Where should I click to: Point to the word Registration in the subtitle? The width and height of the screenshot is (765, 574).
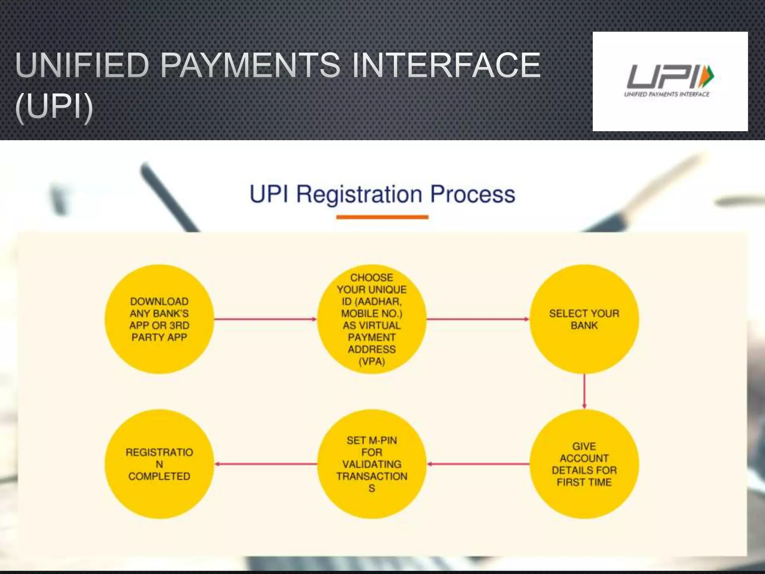click(x=359, y=194)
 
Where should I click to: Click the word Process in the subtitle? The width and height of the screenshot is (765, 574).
click(x=473, y=194)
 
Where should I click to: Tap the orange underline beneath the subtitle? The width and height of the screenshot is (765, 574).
click(x=382, y=217)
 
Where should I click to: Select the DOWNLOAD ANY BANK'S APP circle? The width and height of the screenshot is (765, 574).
click(x=159, y=319)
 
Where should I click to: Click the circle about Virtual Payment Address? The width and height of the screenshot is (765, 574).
click(x=372, y=319)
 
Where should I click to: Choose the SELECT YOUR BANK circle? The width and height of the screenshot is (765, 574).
click(x=584, y=319)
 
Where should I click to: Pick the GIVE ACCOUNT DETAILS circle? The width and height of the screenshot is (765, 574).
click(x=584, y=464)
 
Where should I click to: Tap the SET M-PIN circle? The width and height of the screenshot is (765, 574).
click(x=372, y=464)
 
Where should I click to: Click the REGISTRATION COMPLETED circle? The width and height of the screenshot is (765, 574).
click(x=159, y=464)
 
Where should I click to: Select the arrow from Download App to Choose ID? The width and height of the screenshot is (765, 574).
click(x=265, y=319)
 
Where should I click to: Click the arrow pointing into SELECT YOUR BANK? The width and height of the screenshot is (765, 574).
click(x=478, y=319)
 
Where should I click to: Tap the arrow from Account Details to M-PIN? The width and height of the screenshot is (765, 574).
click(x=478, y=464)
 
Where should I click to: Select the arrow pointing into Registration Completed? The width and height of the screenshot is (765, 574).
click(x=266, y=464)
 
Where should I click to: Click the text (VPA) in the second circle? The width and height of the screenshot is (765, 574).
click(x=372, y=361)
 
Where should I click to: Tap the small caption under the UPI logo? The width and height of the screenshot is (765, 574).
click(x=667, y=94)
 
